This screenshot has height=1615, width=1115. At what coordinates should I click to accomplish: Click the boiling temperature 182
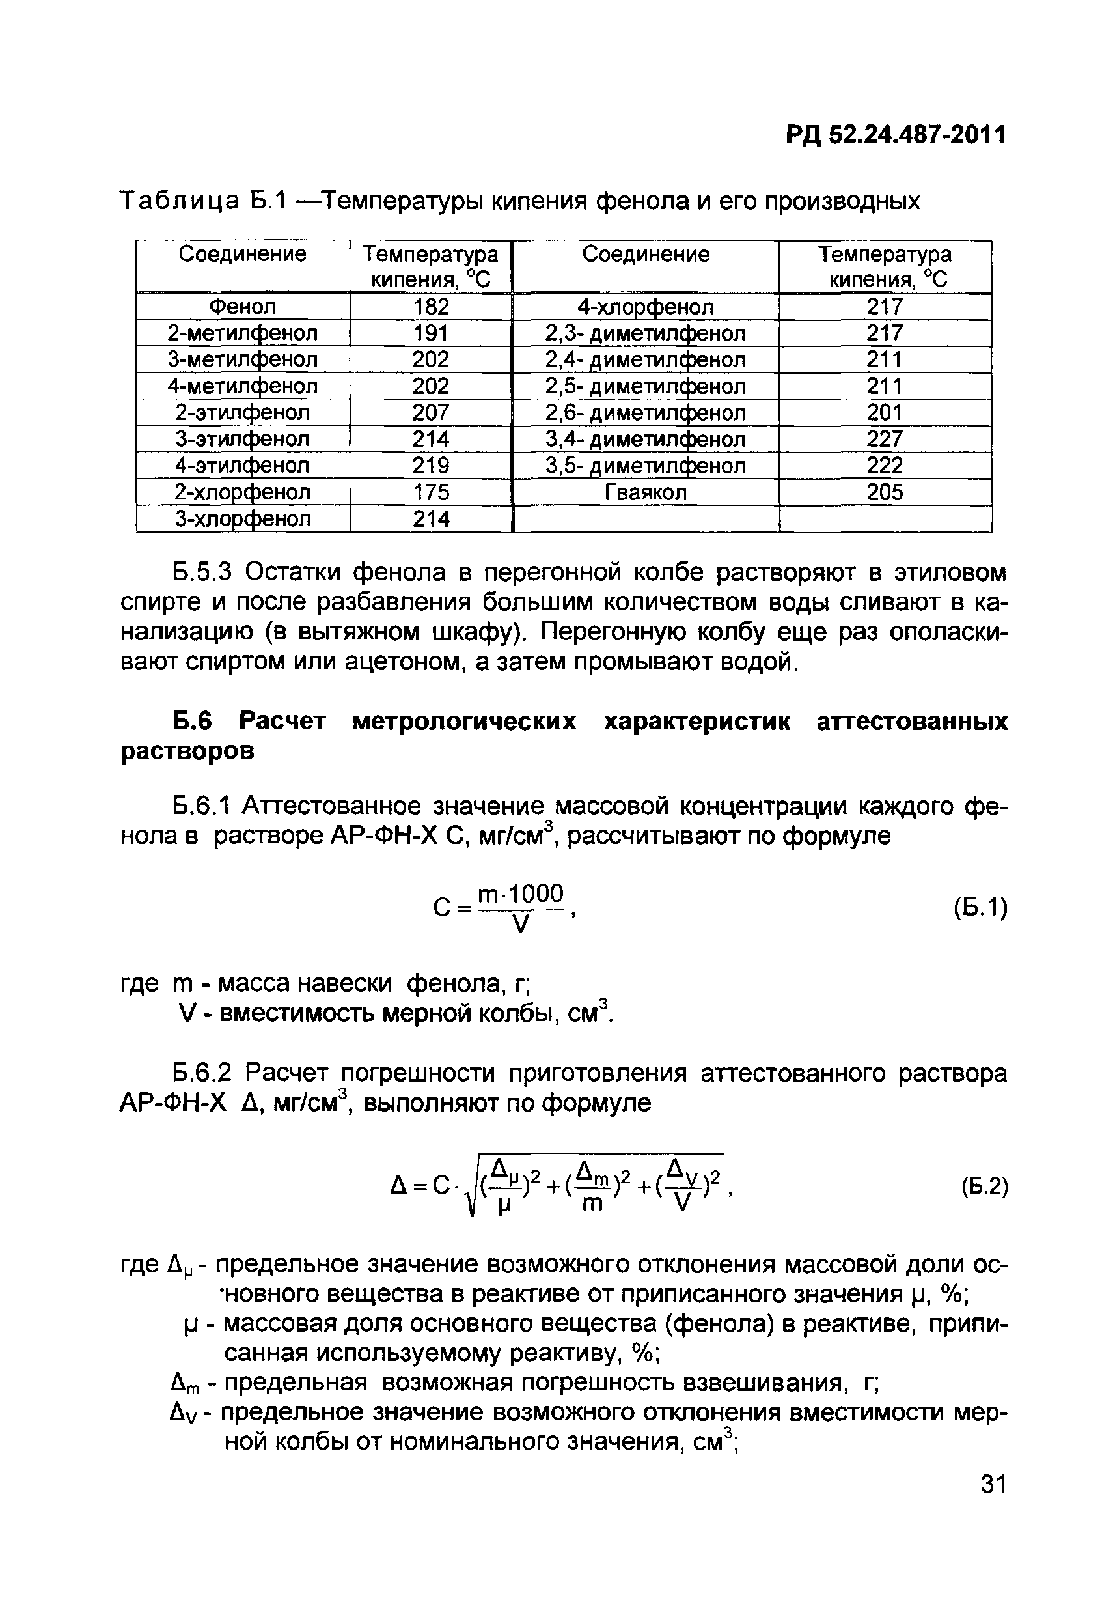(x=430, y=307)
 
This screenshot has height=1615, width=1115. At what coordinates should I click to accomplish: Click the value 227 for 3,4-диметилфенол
(x=885, y=440)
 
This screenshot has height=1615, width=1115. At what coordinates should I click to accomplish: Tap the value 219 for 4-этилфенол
(x=430, y=466)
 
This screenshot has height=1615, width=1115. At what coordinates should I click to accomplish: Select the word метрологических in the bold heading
(x=465, y=721)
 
